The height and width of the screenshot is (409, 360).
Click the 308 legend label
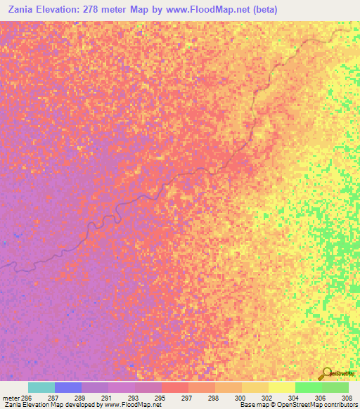coord(347,397)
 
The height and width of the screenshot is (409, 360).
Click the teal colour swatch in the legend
coord(41,387)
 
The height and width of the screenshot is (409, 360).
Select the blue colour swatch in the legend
coord(68,387)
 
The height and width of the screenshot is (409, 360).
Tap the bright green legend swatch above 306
coord(308,387)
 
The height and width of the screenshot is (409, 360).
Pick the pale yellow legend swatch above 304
coord(281,387)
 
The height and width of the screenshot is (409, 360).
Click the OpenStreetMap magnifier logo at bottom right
coord(326,373)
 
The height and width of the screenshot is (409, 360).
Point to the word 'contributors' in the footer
coord(342,405)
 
